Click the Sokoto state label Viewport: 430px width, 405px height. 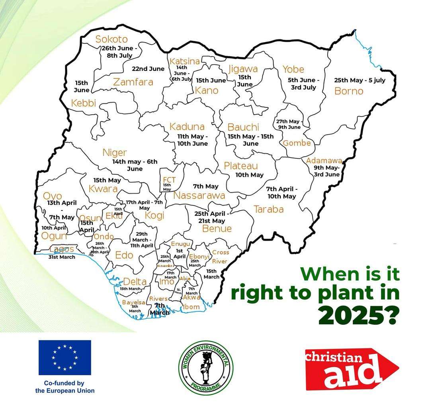(111, 39)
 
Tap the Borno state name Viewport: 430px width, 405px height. (349, 91)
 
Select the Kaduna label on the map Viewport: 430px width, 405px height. (187, 127)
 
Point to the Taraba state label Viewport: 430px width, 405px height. (269, 209)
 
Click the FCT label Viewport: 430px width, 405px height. (169, 180)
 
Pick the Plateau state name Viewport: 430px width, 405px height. (241, 166)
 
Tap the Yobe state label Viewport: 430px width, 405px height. (293, 69)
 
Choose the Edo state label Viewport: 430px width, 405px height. (124, 255)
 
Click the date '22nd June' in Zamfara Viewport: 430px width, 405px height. (148, 69)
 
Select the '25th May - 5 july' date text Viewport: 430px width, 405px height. (360, 80)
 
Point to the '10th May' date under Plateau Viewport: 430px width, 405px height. (249, 175)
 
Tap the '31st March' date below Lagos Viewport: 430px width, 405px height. (61, 257)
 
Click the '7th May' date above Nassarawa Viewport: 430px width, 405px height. (205, 186)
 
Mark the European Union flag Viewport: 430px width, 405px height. (64, 357)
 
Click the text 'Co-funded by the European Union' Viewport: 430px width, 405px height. (64, 387)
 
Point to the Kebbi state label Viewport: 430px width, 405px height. (84, 103)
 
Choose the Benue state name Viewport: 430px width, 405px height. (217, 228)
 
